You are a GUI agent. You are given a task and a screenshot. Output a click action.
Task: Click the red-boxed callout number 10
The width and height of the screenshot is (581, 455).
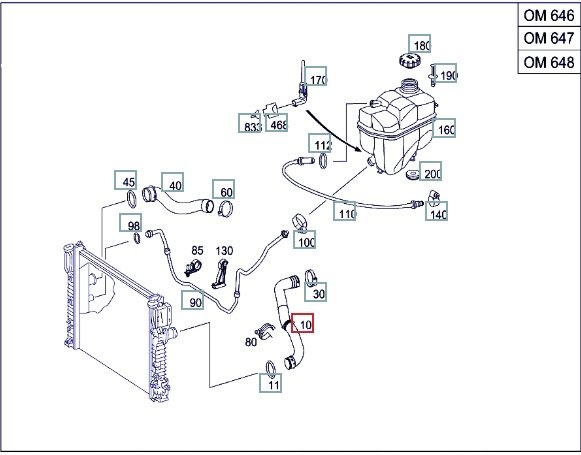pos(302,323)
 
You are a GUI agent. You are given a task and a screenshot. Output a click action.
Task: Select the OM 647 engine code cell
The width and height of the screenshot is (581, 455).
pos(549,38)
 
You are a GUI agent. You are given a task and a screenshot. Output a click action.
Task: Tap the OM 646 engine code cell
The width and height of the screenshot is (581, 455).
pos(549,15)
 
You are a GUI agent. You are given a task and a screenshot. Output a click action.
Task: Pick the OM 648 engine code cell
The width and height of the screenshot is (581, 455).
pos(549,62)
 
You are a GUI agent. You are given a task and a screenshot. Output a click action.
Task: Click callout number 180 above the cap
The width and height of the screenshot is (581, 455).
pos(419,44)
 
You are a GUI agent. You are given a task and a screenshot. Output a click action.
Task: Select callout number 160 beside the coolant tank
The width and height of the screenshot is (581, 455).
pos(444,128)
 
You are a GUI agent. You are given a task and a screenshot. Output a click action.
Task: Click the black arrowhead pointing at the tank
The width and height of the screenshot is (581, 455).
pos(357,148)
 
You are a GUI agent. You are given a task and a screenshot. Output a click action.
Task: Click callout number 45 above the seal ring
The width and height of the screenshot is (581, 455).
pos(126,180)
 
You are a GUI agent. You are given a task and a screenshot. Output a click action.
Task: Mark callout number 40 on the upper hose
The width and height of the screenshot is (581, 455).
pos(173,182)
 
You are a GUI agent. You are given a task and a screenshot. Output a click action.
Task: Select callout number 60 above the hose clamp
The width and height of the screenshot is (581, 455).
pos(223,189)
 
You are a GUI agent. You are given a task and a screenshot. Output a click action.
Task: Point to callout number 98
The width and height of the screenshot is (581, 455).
pos(130,223)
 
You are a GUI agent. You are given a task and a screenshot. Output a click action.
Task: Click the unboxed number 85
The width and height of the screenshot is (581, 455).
pos(197,251)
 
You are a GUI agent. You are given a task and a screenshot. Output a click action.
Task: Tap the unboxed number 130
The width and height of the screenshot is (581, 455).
pos(224,251)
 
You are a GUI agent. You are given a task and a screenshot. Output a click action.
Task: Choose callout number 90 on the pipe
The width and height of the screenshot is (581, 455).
pos(193,300)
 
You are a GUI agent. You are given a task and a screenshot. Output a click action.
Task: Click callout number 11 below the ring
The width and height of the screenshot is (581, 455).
pos(270,383)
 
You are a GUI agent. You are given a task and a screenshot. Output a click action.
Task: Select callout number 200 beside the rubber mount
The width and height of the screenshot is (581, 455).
pos(430,171)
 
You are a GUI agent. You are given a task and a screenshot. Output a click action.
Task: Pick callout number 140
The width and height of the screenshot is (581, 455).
pos(436,212)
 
